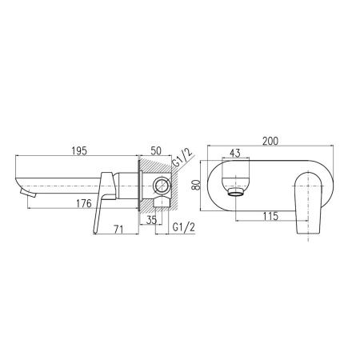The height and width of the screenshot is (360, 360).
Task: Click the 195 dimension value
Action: pyautogui.click(x=79, y=151)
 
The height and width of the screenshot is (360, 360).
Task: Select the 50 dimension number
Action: pyautogui.click(x=156, y=151)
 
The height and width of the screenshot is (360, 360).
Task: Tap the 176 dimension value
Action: pyautogui.click(x=84, y=204)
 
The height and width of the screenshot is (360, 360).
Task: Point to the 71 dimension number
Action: pyautogui.click(x=118, y=229)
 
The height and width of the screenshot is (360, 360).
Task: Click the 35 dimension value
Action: pyautogui.click(x=151, y=220)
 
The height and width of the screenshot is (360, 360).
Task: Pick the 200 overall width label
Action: pyautogui.click(x=270, y=141)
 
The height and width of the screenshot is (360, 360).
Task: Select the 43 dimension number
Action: pyautogui.click(x=235, y=154)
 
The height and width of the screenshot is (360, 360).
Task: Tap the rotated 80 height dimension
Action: pyautogui.click(x=196, y=185)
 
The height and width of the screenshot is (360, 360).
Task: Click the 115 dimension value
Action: pyautogui.click(x=270, y=216)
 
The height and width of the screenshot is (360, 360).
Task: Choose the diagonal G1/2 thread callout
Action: pyautogui.click(x=182, y=158)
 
